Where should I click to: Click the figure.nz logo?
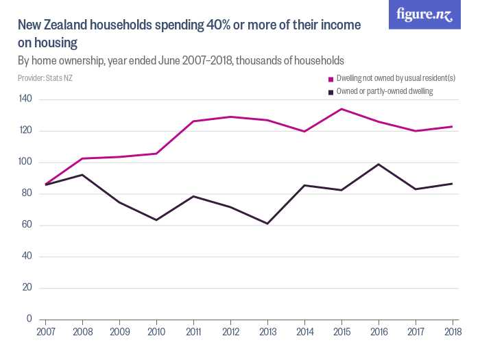(425, 15)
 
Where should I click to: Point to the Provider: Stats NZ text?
(45, 78)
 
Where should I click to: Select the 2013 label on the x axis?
(267, 333)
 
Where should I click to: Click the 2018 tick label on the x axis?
(452, 333)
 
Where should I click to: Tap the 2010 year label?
(156, 333)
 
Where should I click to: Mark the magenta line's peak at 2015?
(341, 109)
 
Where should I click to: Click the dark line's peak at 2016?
(379, 164)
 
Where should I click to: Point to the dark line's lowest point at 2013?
(267, 224)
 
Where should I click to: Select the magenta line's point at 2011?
(193, 121)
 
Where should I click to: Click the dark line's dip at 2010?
(156, 220)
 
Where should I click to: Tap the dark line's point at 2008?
(82, 175)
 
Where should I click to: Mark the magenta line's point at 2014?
(304, 131)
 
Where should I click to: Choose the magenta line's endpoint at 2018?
(452, 126)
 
